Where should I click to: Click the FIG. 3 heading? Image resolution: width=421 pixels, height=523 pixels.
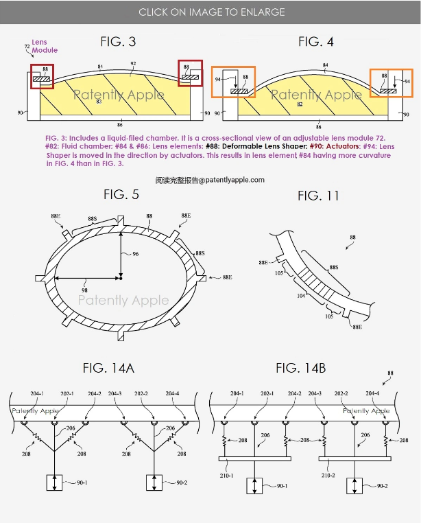(x=118, y=42)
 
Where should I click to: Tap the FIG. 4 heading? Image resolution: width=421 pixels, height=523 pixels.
(x=316, y=42)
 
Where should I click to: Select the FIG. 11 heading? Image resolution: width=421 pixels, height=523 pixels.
(x=318, y=196)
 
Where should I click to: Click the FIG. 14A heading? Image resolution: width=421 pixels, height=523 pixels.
(x=108, y=369)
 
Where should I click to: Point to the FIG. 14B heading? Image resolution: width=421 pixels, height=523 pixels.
(x=300, y=369)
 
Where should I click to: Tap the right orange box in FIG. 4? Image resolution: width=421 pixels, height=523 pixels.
(x=392, y=82)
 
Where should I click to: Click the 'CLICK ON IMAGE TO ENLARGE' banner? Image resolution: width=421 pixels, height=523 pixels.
(x=210, y=12)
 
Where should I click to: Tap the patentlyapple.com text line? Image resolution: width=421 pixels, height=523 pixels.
(x=210, y=180)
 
